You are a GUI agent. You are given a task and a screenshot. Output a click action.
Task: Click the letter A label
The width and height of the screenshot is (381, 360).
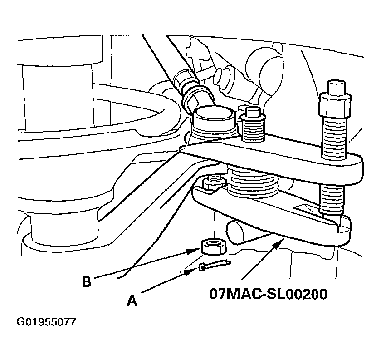tap(132, 300)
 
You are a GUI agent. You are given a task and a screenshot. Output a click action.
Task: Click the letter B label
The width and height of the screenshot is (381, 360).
tap(87, 281)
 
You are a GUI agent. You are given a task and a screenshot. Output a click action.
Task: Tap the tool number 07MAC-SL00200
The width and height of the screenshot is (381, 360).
tap(268, 294)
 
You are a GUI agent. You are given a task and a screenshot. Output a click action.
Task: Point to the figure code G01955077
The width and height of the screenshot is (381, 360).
tap(46, 322)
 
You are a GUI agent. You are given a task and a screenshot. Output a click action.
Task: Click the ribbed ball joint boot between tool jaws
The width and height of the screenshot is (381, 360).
tap(252, 181)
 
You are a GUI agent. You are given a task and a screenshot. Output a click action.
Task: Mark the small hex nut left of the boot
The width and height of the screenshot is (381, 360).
tap(214, 182)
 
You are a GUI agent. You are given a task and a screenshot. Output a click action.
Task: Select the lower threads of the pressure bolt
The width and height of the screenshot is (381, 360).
tap(332, 198)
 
